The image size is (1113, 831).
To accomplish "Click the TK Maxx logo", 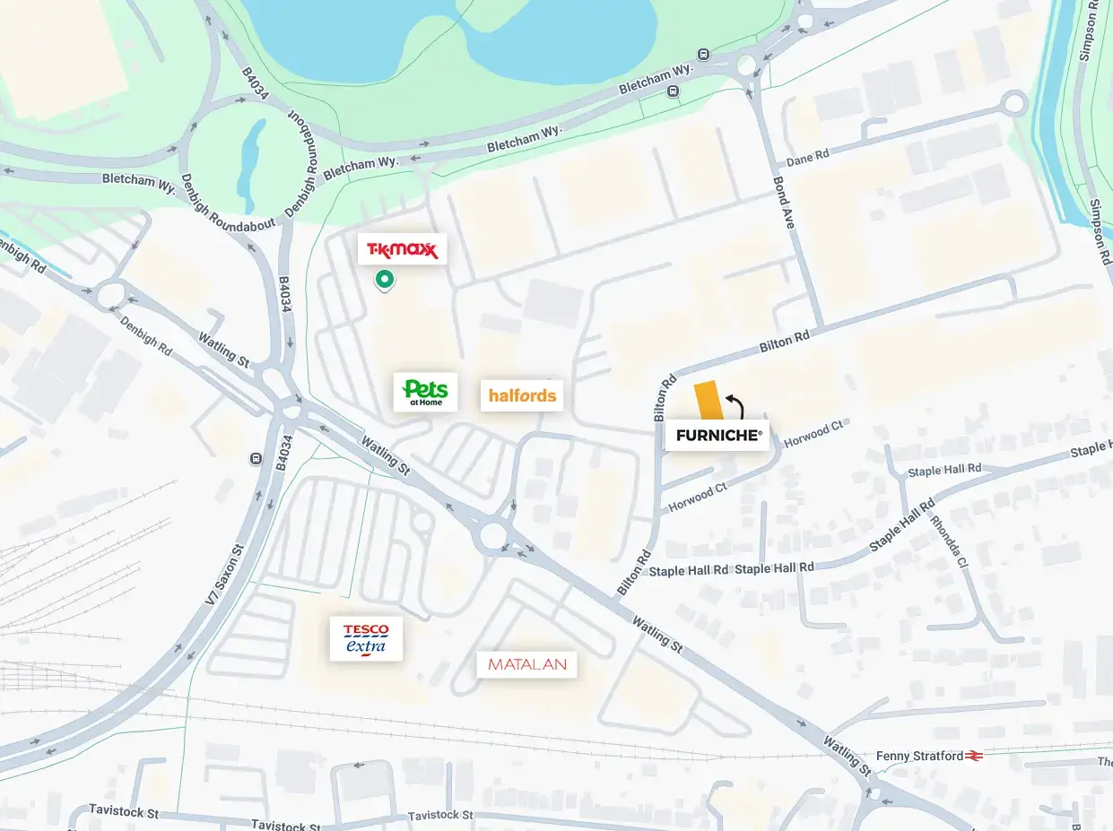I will [402, 249].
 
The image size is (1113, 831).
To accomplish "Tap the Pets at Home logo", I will [425, 393].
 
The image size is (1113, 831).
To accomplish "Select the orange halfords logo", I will [522, 395].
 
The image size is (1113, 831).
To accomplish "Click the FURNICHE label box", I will [717, 435].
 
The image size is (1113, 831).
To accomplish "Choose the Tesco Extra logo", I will [366, 638].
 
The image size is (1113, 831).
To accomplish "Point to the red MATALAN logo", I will [526, 664].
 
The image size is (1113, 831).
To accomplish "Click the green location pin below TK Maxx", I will [385, 280].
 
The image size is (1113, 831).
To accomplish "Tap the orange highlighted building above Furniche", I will [709, 401].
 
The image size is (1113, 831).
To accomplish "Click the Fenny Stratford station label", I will [919, 756].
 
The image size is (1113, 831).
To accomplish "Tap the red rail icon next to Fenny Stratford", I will [975, 756].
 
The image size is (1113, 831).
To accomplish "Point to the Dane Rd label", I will [807, 158].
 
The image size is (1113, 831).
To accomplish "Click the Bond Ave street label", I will [783, 203].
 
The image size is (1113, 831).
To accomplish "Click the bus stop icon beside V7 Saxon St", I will [256, 459].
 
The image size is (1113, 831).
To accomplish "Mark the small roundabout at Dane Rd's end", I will [1014, 103].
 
